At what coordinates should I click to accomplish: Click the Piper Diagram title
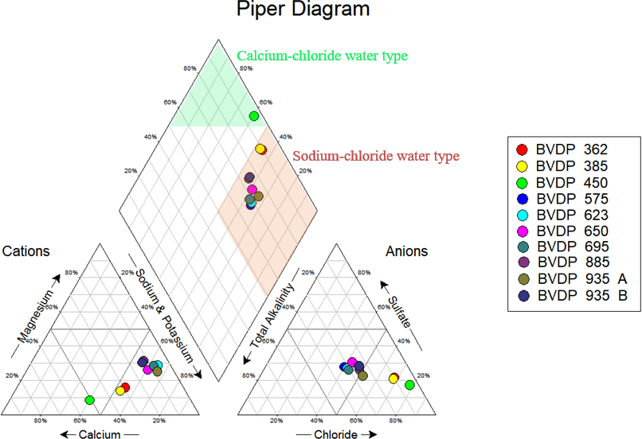(x=303, y=10)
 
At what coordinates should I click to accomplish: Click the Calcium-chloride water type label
(x=323, y=56)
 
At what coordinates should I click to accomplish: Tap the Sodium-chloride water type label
(x=376, y=156)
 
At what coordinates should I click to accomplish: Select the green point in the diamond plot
(x=254, y=116)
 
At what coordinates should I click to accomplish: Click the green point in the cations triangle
(x=90, y=398)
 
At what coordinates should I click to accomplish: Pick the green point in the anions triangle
(x=409, y=385)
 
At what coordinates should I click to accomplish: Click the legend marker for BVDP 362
(x=523, y=150)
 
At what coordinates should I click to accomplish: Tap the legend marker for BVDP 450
(x=523, y=182)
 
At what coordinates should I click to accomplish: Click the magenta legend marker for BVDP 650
(x=523, y=231)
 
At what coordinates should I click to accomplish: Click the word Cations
(x=26, y=251)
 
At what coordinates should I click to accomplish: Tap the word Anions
(x=406, y=251)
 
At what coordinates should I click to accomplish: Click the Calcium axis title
(x=99, y=434)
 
